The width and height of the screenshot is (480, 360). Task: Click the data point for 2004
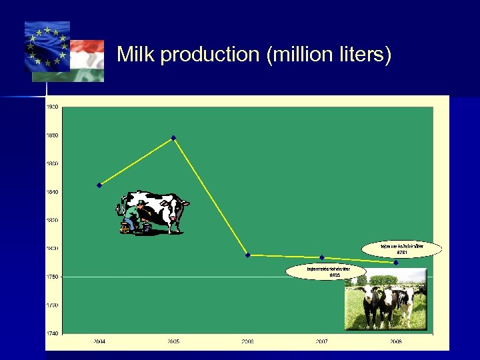(x=99, y=185)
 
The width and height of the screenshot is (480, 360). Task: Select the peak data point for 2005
(x=173, y=138)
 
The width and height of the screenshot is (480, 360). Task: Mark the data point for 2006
(x=248, y=255)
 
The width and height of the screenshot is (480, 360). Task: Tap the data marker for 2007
(x=322, y=257)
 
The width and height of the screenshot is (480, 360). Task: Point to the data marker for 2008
(x=396, y=263)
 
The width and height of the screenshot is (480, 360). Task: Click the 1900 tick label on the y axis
(x=52, y=107)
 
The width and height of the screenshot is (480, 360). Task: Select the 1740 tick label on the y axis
(x=52, y=333)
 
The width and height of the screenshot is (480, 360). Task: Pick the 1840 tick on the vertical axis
(x=52, y=192)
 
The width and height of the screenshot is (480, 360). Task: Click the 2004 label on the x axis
(x=99, y=341)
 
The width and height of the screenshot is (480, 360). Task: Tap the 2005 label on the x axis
(x=173, y=341)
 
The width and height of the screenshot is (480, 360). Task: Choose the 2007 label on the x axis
(x=322, y=341)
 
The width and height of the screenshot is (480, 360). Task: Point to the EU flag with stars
(x=47, y=47)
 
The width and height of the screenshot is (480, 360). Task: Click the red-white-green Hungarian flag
(x=87, y=60)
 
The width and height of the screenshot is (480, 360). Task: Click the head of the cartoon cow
(x=179, y=210)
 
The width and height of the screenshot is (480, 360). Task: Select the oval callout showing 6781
(x=402, y=249)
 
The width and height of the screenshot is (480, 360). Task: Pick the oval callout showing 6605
(x=327, y=271)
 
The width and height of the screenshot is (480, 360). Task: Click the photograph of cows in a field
(x=385, y=299)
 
